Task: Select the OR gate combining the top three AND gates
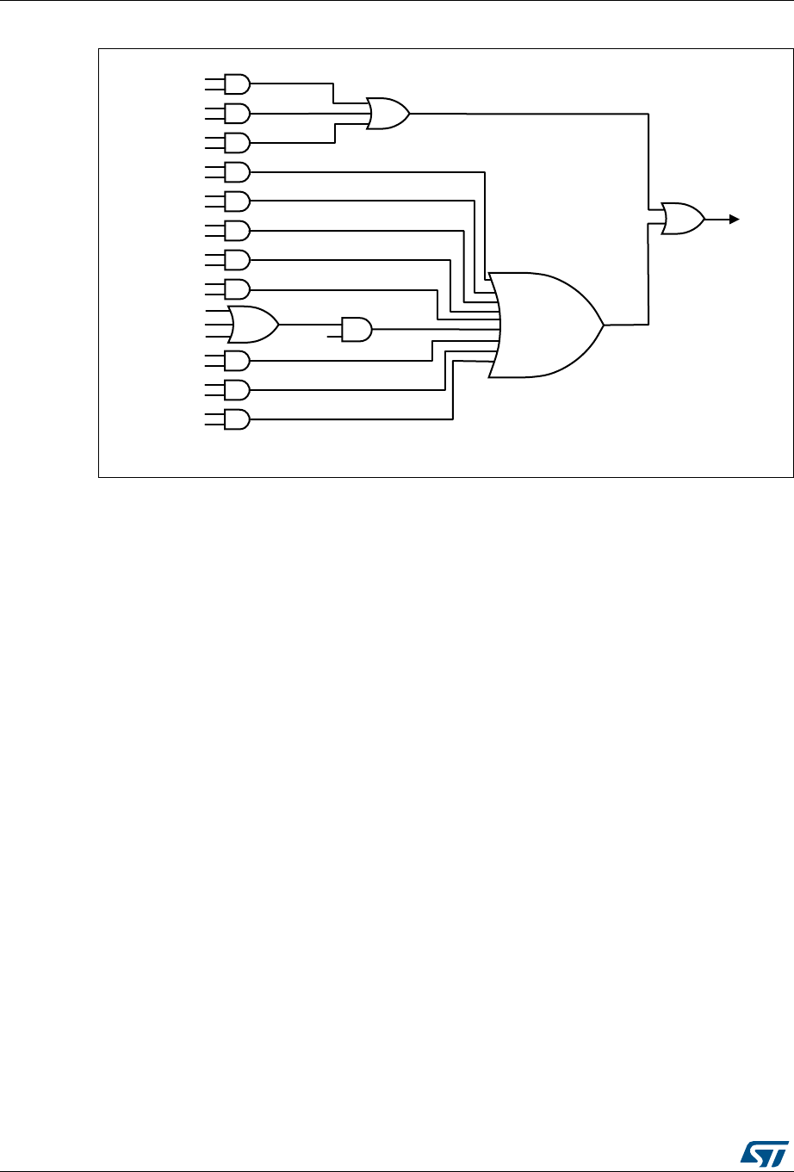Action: coord(388,113)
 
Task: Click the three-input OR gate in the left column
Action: coord(252,325)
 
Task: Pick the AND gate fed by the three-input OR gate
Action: coord(357,329)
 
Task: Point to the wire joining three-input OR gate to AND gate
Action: coord(310,325)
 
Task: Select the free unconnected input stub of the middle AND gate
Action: coord(335,334)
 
